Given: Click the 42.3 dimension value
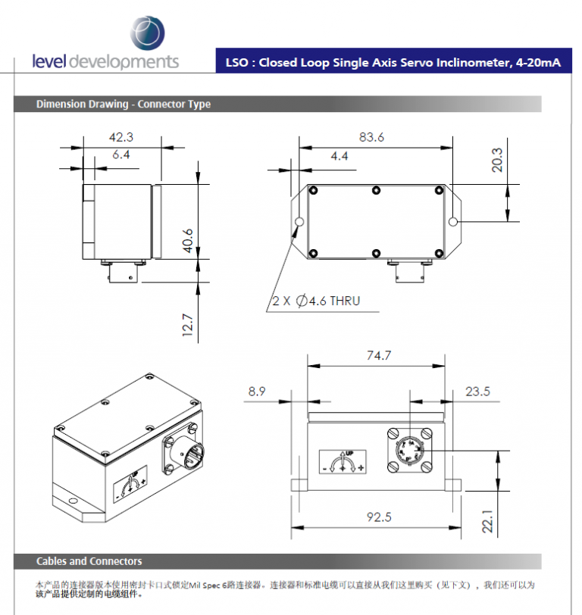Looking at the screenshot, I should click(x=121, y=137).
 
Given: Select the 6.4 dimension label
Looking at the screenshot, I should click(x=121, y=155).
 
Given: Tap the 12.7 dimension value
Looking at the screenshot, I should click(x=188, y=325).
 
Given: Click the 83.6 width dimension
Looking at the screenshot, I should click(x=371, y=137).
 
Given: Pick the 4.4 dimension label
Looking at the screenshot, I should click(x=339, y=156).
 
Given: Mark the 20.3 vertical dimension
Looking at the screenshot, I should click(x=497, y=160).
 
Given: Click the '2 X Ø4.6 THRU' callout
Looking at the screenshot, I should click(x=317, y=301).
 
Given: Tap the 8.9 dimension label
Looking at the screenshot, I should click(x=257, y=392).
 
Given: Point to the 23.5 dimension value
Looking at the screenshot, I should click(x=477, y=392).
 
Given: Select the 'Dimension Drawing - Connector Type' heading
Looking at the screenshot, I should click(x=124, y=105).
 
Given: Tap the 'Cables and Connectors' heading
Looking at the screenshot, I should click(x=89, y=561).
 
